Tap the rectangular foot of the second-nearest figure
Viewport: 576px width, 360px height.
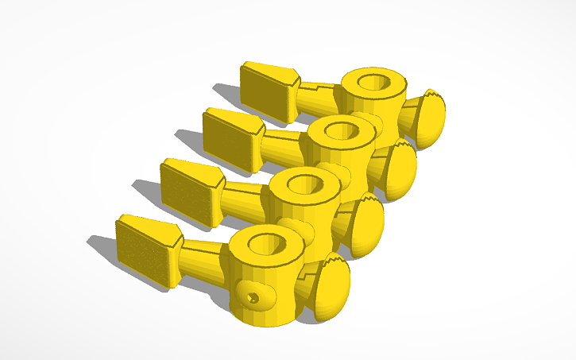189,194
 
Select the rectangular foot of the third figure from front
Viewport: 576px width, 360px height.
231,141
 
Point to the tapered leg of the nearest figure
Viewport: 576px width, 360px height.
203,258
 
